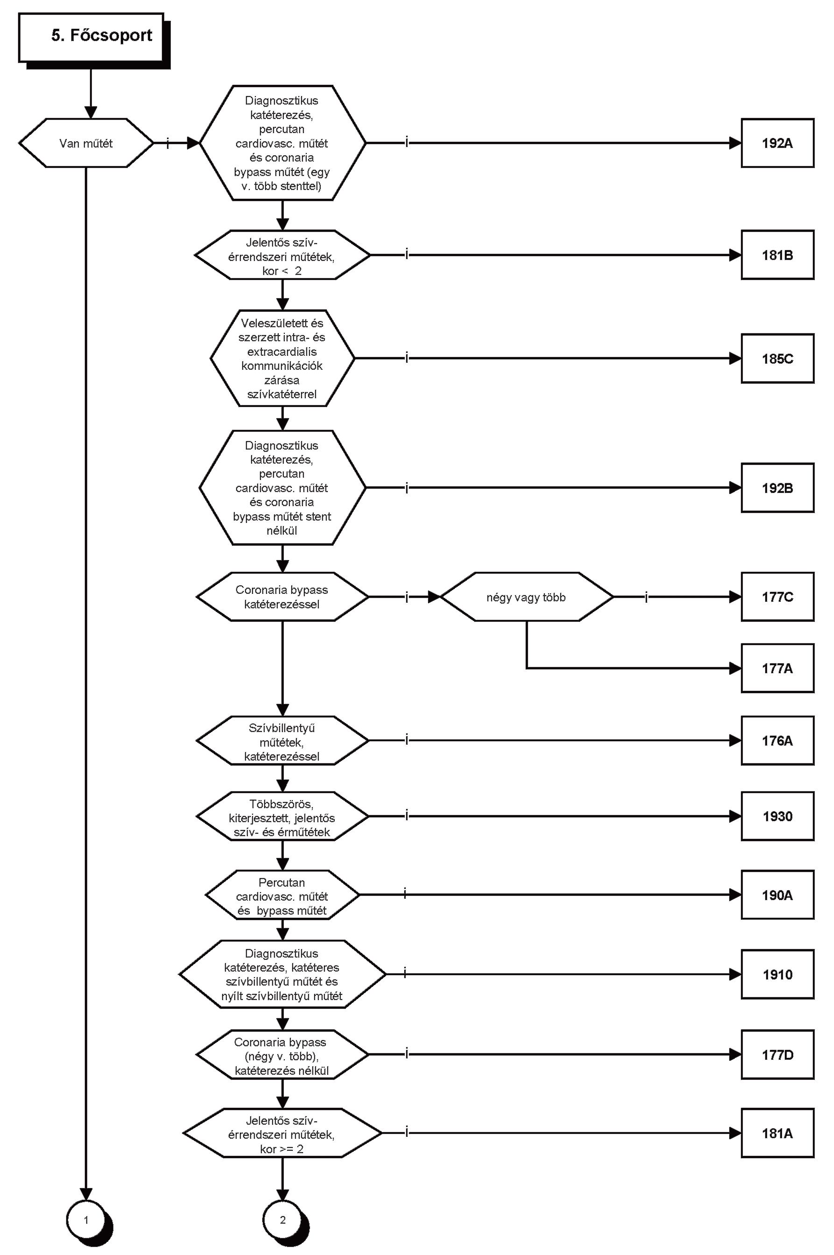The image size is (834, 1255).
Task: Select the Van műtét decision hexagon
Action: point(86,143)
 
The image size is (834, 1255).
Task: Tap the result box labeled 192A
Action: point(777,143)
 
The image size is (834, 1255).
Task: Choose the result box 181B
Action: point(777,255)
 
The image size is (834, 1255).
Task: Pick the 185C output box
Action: point(777,359)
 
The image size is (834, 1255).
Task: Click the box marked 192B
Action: point(777,487)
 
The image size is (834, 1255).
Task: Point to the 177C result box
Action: point(777,597)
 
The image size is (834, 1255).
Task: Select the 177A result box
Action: point(777,668)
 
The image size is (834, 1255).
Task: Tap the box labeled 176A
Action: point(777,740)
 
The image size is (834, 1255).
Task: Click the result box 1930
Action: point(777,816)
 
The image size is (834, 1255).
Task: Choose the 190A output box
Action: point(777,895)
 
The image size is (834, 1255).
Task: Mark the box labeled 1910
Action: point(777,974)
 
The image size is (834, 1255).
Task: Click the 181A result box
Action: point(777,1133)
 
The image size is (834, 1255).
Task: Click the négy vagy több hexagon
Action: point(527,597)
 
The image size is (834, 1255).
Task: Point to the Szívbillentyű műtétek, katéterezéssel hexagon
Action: point(283,740)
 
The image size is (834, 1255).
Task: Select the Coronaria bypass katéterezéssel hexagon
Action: point(283,597)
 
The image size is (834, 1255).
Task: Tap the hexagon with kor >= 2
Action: point(283,1133)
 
